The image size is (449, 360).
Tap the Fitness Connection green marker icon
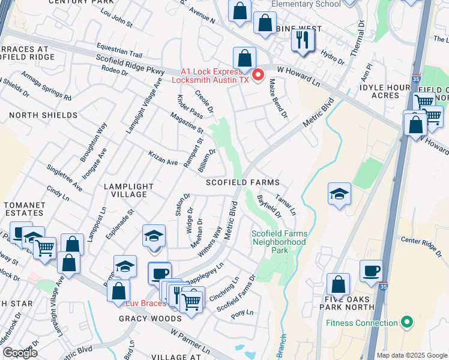click(x=408, y=322)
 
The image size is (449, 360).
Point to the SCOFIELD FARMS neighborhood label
click(x=243, y=182)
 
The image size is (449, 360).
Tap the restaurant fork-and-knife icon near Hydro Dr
click(x=301, y=40)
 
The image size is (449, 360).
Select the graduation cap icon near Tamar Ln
click(x=339, y=194)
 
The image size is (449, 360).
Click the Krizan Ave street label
click(x=164, y=158)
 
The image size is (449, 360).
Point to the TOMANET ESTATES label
click(x=25, y=209)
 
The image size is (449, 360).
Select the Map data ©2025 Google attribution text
click(x=412, y=355)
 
